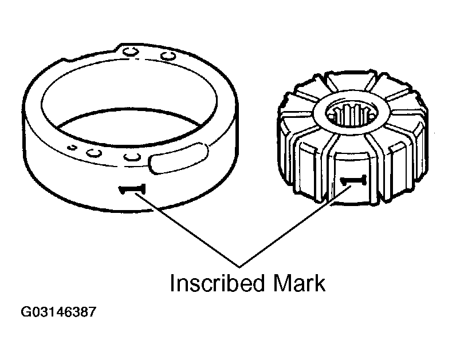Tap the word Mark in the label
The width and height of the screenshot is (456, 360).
click(x=299, y=283)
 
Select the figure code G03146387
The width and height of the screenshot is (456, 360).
click(x=58, y=312)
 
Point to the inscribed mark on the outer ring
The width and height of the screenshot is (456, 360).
click(x=132, y=189)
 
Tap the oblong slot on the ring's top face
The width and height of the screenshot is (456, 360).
click(x=178, y=158)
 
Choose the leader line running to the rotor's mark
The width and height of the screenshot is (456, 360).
click(x=296, y=226)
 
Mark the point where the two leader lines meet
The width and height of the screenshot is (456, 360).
click(x=239, y=267)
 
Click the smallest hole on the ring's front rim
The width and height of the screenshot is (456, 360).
click(x=72, y=147)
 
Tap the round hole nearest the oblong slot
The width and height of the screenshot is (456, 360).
click(x=132, y=157)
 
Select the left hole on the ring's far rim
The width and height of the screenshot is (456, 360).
click(x=130, y=52)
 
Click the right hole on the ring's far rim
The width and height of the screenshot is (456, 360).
click(x=168, y=56)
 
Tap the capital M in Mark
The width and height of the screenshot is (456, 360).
click(x=281, y=283)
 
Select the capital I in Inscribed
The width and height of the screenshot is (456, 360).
click(x=172, y=283)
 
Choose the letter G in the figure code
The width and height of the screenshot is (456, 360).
click(x=26, y=312)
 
